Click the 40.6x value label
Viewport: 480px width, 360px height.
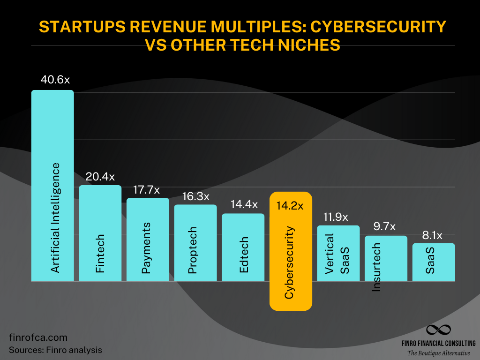click(52, 80)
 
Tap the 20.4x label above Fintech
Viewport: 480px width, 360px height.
click(100, 177)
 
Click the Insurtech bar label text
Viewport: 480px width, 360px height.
click(376, 267)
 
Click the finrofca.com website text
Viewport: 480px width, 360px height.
click(38, 337)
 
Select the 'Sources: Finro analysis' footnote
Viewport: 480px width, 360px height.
click(55, 350)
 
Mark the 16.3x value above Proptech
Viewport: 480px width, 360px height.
click(195, 196)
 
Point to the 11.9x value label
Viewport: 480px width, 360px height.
click(338, 217)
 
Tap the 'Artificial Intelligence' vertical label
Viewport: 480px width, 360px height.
click(55, 218)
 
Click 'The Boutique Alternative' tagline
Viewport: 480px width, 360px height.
click(438, 352)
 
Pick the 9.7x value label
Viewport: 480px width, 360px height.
click(386, 227)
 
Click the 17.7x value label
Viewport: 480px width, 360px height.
click(148, 189)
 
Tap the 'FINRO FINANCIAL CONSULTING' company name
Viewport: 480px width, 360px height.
click(438, 343)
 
